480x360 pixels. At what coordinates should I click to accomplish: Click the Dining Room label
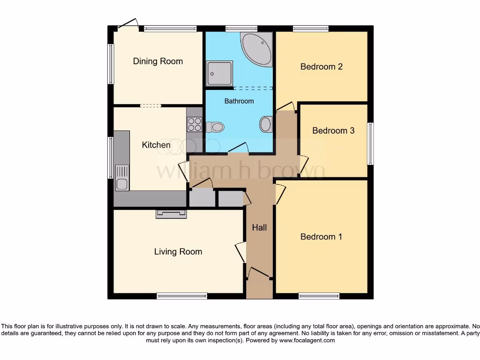[x=157, y=61]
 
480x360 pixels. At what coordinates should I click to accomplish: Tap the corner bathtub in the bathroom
[x=257, y=48]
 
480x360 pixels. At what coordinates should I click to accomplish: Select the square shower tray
[x=219, y=73]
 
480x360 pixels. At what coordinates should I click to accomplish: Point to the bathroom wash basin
[x=265, y=125]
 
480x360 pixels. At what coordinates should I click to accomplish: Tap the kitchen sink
[x=122, y=178]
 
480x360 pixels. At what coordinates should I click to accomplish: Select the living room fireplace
[x=171, y=214]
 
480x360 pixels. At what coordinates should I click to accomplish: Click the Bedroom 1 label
[x=321, y=237]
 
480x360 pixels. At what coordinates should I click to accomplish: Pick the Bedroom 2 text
[x=321, y=67]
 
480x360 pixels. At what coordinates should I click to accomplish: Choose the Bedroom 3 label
[x=333, y=131]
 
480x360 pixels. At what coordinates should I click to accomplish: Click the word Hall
[x=259, y=227]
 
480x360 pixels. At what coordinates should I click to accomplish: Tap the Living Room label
[x=178, y=252]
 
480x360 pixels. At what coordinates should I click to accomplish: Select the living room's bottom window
[x=181, y=296]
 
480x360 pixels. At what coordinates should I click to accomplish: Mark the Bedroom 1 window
[x=319, y=296]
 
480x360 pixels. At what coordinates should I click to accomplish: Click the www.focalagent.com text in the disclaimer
[x=307, y=340]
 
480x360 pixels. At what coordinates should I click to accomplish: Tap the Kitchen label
[x=156, y=145]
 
